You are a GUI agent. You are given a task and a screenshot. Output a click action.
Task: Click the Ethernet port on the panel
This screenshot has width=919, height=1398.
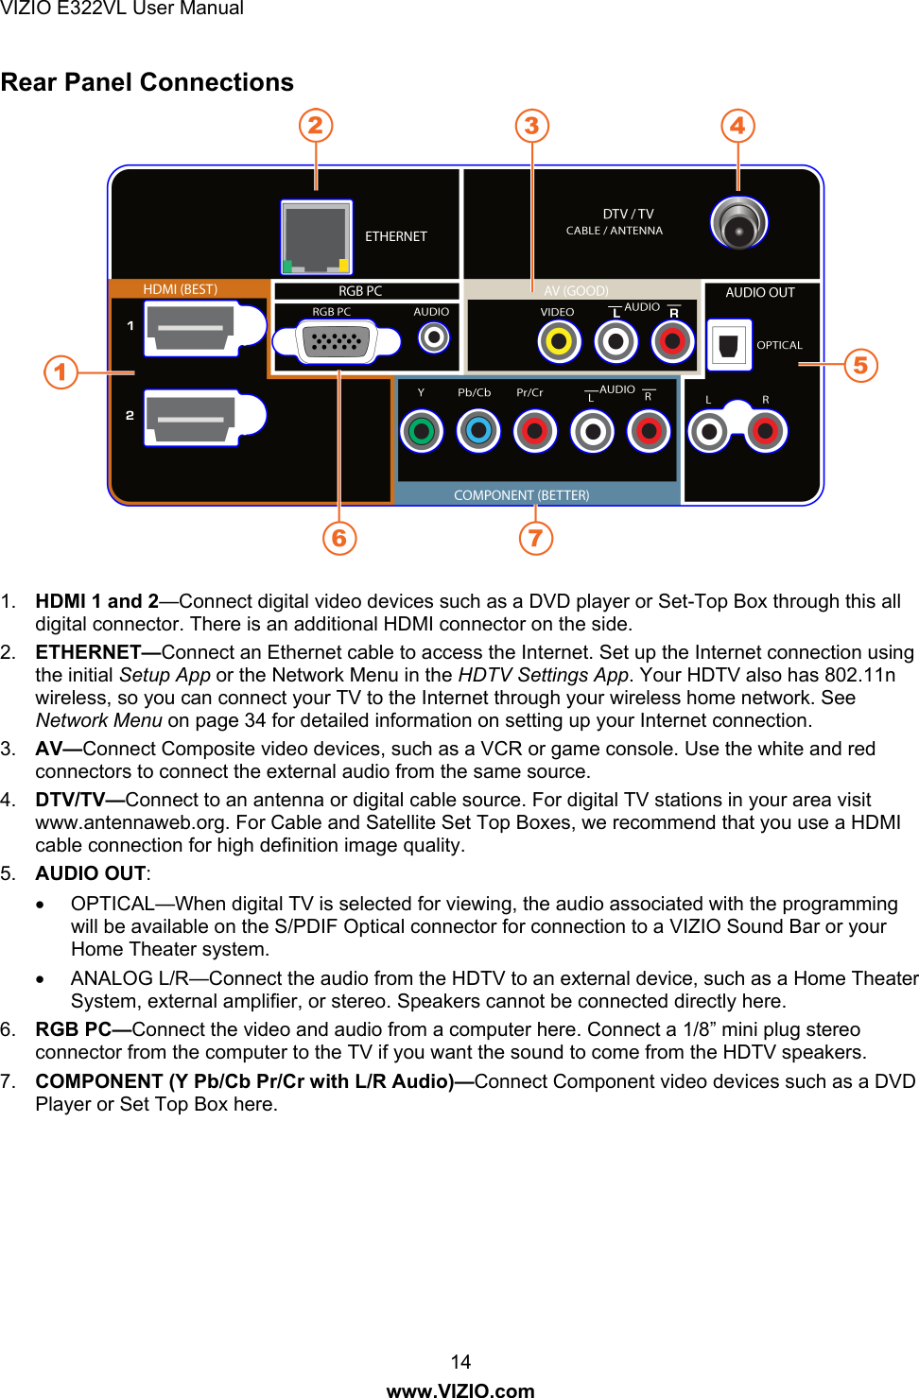click(x=316, y=236)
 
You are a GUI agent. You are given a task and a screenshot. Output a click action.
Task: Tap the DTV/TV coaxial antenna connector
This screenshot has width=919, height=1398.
click(x=738, y=223)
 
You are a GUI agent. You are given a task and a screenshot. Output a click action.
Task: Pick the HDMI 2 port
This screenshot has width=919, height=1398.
click(x=191, y=417)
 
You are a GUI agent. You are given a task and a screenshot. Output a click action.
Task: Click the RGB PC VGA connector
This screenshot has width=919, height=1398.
click(x=336, y=340)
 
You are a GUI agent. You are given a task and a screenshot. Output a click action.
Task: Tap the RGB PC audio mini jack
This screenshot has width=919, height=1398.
click(x=434, y=337)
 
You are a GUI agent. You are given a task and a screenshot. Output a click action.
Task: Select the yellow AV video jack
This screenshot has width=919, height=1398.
click(x=559, y=341)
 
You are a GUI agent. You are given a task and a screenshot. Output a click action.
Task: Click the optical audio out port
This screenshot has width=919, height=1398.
click(x=729, y=345)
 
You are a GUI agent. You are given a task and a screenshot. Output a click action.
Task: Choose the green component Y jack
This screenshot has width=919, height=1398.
click(x=422, y=432)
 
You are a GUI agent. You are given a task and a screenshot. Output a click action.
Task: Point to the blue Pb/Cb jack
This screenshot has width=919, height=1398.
click(x=478, y=432)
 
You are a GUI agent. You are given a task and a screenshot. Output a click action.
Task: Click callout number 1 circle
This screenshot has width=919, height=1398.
click(x=61, y=371)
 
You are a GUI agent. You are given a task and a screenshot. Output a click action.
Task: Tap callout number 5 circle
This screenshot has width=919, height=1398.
click(x=860, y=365)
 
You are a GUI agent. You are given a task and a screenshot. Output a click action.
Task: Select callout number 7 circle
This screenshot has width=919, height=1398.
click(x=536, y=538)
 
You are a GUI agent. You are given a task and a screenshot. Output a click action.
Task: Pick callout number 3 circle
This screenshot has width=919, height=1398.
click(x=532, y=126)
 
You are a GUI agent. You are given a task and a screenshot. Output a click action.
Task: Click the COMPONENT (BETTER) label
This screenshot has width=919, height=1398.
click(x=521, y=495)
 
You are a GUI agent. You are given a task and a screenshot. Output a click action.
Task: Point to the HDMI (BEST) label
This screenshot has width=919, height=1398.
click(x=180, y=289)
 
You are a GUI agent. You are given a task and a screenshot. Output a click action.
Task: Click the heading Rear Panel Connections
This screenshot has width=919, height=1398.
click(x=147, y=82)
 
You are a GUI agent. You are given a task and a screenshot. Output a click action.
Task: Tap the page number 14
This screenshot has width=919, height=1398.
click(x=460, y=1361)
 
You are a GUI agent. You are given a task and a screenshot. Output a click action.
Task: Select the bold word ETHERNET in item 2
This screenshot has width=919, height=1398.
click(x=89, y=652)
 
